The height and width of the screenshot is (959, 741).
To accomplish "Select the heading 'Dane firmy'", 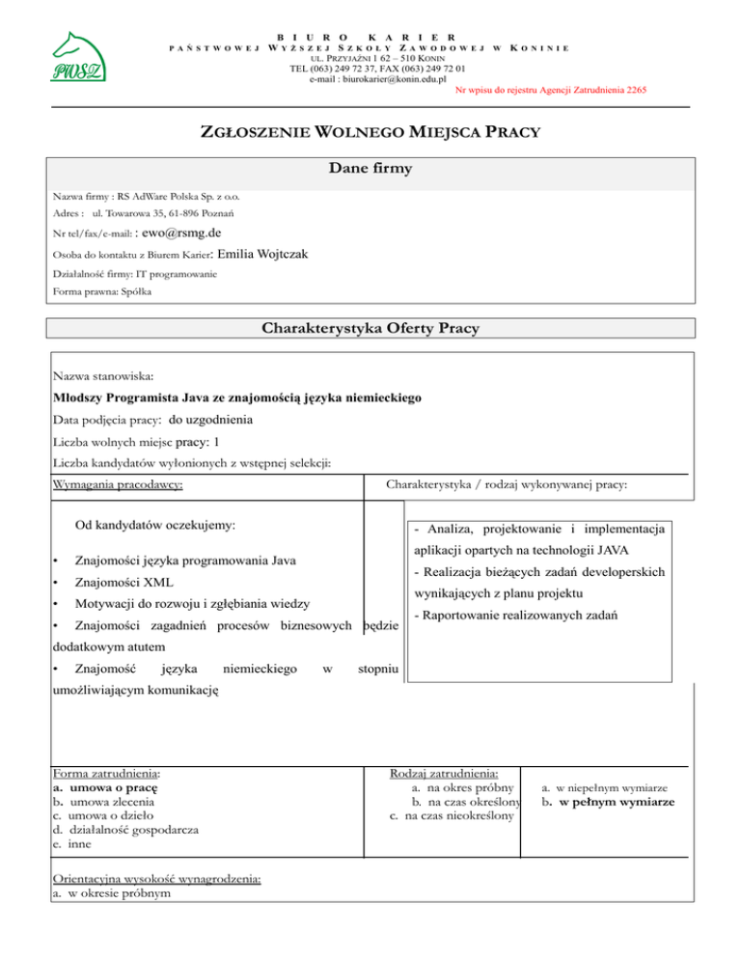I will click(x=370, y=170).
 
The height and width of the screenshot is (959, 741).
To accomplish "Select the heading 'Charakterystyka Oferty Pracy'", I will click(x=370, y=328).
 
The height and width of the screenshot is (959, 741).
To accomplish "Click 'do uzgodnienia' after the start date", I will click(x=211, y=420).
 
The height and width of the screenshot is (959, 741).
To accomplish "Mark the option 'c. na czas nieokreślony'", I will click(x=448, y=815).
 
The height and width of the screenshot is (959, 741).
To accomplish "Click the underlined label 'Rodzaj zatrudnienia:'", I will click(x=445, y=774).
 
